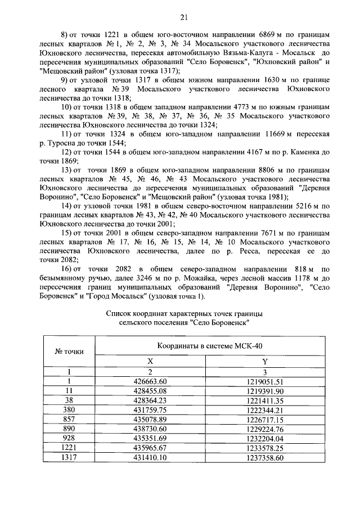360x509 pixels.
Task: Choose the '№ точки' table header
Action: pyautogui.click(x=69, y=352)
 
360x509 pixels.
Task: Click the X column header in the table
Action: pyautogui.click(x=150, y=362)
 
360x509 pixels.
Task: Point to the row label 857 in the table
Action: pyautogui.click(x=69, y=419)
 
